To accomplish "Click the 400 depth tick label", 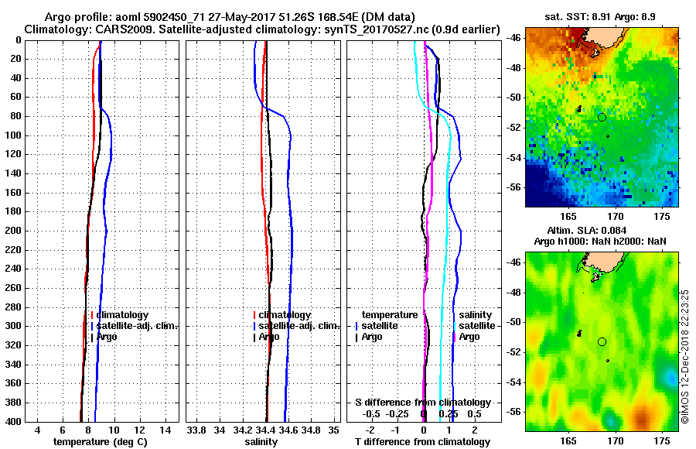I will [x=13, y=421].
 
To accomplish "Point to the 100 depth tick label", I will [x=13, y=135].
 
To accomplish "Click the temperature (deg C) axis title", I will [x=100, y=441].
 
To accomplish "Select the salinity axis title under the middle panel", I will [x=260, y=441].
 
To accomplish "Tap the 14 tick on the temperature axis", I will [x=165, y=430].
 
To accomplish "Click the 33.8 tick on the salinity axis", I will [x=196, y=430].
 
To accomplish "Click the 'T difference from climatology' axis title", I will [x=422, y=441].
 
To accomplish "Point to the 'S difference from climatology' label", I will [x=422, y=403].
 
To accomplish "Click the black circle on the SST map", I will [x=602, y=117].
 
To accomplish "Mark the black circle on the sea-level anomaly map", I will [x=602, y=341].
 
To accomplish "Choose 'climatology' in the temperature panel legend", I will [x=122, y=315].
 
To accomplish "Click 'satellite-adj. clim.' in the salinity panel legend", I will [x=295, y=326].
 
